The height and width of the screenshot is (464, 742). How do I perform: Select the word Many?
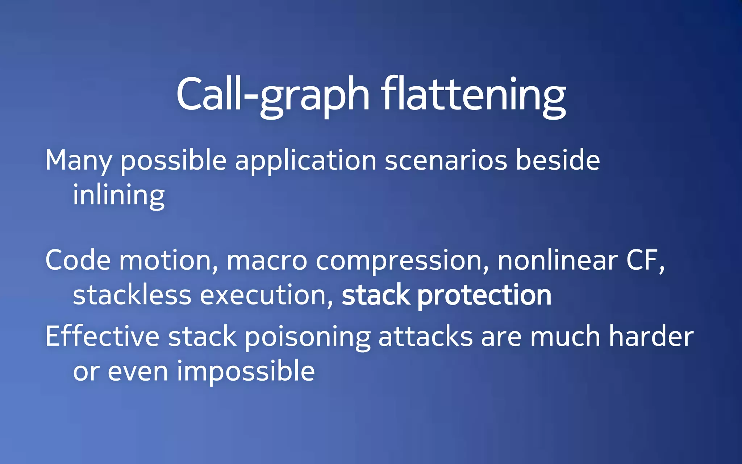(x=78, y=161)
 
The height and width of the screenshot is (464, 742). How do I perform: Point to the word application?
(x=305, y=161)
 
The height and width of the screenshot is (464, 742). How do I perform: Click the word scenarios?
(x=446, y=161)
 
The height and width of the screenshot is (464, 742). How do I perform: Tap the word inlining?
(x=119, y=195)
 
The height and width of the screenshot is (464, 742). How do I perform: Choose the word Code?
(x=78, y=260)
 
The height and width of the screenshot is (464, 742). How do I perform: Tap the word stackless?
(x=132, y=295)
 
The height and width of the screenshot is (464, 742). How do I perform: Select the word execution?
(x=266, y=295)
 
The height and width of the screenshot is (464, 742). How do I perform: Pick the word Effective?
(x=102, y=336)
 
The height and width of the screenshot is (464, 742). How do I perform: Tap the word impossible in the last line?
(x=246, y=371)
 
